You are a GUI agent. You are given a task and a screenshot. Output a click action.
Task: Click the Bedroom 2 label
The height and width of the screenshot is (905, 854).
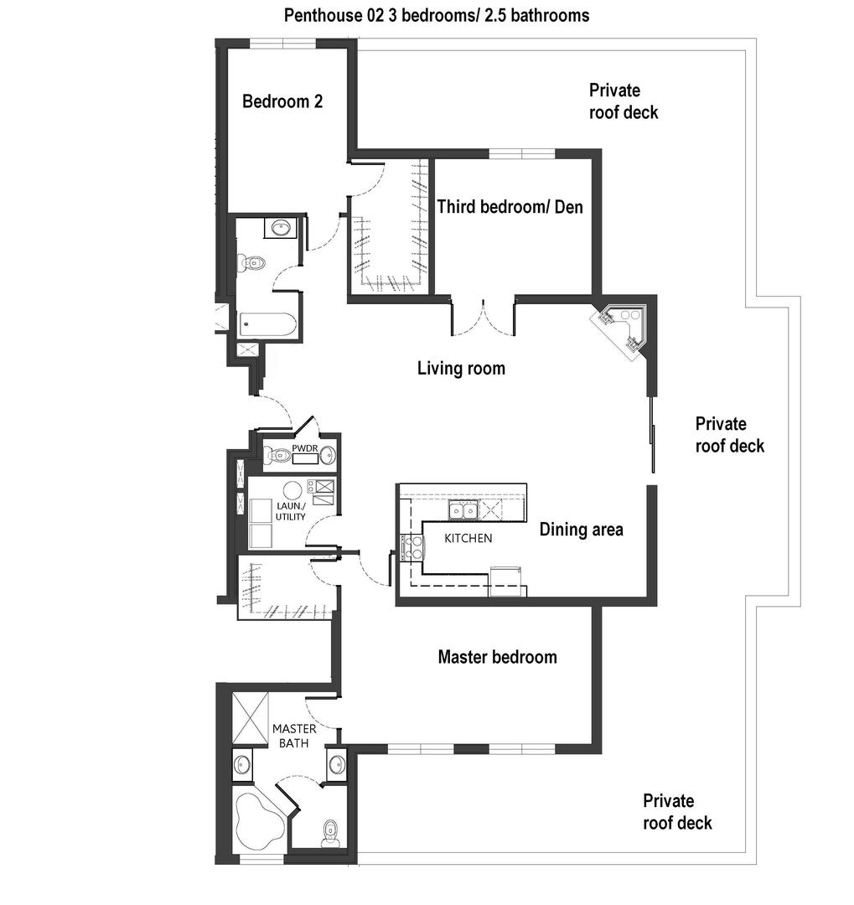[282, 101]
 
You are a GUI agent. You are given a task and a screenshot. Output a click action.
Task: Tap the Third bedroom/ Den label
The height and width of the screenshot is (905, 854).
[510, 207]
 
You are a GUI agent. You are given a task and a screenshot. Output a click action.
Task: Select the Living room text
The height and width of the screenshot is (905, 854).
[461, 368]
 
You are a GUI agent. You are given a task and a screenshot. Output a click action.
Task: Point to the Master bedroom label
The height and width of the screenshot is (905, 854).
[497, 657]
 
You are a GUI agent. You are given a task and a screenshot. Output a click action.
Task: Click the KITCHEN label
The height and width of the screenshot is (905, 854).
[468, 539]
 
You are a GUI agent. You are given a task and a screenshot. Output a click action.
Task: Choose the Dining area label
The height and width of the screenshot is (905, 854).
[581, 530]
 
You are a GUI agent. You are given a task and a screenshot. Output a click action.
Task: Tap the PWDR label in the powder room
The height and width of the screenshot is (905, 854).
[305, 448]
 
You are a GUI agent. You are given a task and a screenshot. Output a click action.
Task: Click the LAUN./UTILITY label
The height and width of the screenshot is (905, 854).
[291, 511]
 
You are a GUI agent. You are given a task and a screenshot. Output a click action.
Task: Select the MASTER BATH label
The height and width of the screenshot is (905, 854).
[294, 736]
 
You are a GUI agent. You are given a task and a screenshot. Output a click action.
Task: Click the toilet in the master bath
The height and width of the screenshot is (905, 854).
[330, 832]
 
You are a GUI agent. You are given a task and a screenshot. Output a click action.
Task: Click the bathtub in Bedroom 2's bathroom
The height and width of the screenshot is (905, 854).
[267, 325]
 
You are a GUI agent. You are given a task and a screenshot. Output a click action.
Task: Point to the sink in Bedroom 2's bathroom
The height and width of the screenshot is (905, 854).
[281, 227]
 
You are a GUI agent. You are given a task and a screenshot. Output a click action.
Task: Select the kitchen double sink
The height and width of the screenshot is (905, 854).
[463, 510]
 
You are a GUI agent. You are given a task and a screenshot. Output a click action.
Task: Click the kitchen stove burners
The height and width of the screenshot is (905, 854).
[411, 548]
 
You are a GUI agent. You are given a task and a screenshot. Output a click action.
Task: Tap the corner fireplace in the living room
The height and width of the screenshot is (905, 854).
[622, 330]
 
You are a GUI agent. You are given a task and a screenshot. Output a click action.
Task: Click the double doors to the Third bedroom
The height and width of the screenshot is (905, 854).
[483, 318]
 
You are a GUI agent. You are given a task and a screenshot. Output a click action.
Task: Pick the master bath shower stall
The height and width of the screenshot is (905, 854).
[251, 718]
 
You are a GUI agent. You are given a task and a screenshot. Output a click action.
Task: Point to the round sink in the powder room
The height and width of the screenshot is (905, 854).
[328, 455]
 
